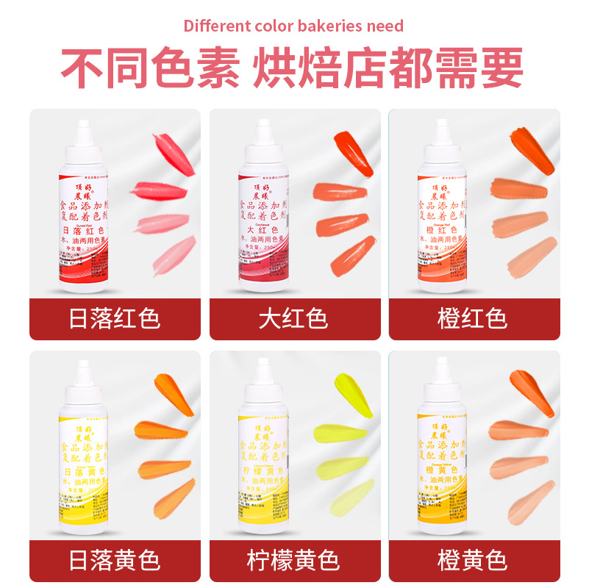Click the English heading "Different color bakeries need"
tap(293, 26)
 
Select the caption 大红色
tap(293, 319)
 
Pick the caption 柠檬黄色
tap(293, 562)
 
